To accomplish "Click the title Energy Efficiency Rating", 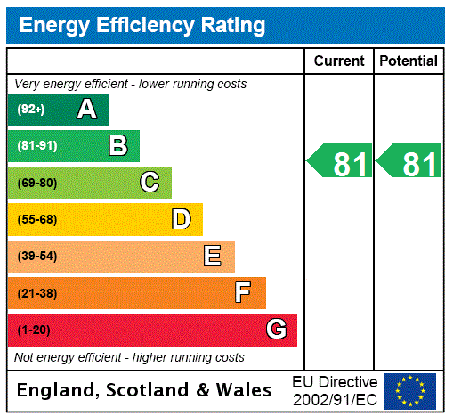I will pos(142,25).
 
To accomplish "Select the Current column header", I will pos(339,61).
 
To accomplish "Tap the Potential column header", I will pos(409,61).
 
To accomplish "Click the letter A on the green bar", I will pos(86,110).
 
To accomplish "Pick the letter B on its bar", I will pos(117,145).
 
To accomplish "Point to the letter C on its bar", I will pos(150,183).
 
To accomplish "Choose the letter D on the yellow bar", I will pos(181,219).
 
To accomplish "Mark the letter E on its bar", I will pos(213,257).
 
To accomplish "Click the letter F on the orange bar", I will pos(243,292).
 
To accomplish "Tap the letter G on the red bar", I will pos(276,330).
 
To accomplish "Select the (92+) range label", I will pos(31,110).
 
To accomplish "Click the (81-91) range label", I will pos(36,146).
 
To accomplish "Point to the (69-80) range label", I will pos(36,183).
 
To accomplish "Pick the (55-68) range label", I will pos(36,219).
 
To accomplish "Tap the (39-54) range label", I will pos(36,257).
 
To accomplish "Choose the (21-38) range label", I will pos(36,293).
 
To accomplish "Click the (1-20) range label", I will pos(34,330).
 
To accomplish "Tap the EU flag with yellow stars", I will pos(410,390).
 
